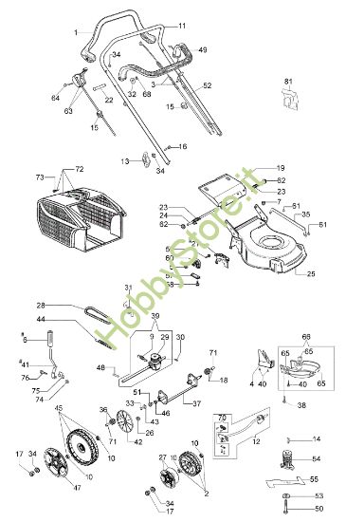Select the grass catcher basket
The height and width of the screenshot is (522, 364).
tap(79, 216)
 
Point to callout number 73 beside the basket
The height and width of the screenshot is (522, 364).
tap(39, 177)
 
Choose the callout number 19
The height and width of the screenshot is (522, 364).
tap(281, 167)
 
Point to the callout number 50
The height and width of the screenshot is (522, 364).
tap(317, 512)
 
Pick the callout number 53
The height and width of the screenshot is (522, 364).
tap(318, 495)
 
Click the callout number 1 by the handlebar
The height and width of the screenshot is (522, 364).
tap(75, 33)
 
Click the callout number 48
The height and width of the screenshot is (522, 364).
tap(100, 367)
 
